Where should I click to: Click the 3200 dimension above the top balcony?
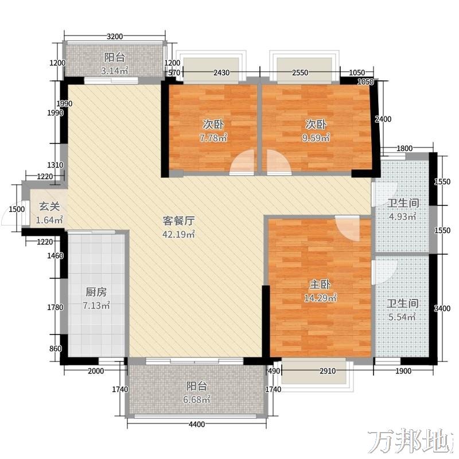(114, 37)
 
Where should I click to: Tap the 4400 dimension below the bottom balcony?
(196, 424)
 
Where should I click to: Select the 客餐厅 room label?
(178, 221)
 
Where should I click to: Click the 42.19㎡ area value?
(178, 234)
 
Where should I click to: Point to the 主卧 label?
(320, 284)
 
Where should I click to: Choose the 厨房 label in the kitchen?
(96, 292)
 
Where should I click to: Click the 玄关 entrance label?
(49, 207)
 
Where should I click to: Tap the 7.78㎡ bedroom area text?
(213, 138)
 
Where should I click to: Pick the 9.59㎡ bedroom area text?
(316, 138)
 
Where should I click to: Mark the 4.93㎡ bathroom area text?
(403, 217)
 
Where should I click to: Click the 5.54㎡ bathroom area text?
(402, 317)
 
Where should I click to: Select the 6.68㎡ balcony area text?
(197, 399)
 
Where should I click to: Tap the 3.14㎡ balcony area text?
(114, 71)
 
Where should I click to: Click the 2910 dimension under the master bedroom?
(328, 371)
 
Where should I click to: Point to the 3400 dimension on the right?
(442, 308)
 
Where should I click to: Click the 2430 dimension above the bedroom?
(221, 73)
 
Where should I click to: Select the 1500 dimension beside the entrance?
(17, 209)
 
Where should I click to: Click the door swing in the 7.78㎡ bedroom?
(242, 162)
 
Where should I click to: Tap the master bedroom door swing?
(348, 228)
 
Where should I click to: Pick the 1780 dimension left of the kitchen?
(55, 307)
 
